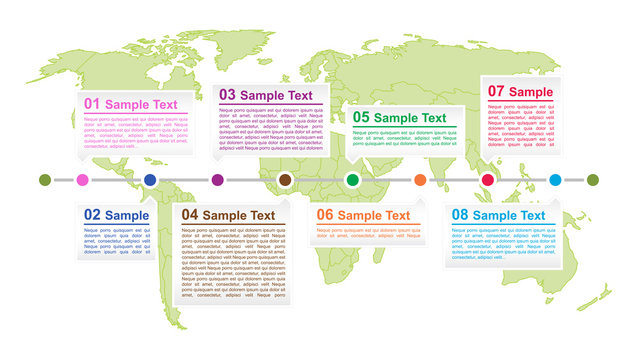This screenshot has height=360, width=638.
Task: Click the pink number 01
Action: [92, 104]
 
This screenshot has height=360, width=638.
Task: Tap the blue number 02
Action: [92, 215]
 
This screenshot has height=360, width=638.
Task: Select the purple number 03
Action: [228, 95]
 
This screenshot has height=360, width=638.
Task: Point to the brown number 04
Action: [189, 215]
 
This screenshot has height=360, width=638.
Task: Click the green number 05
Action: [361, 117]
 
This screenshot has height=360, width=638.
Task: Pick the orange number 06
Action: [325, 215]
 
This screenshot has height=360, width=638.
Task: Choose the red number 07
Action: [496, 92]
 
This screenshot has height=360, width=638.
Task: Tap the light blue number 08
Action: [460, 215]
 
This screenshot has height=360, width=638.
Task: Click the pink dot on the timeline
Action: [82, 180]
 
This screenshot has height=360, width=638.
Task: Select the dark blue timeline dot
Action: [150, 180]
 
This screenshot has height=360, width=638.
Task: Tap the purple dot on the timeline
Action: [217, 180]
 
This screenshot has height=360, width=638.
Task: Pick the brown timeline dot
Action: [285, 180]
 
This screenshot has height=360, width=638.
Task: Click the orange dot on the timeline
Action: [420, 180]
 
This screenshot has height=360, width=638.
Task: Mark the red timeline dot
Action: [488, 180]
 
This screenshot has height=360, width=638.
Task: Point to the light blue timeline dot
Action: [555, 180]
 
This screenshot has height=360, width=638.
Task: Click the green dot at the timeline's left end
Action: [44, 180]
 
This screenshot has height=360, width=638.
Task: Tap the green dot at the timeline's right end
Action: [593, 180]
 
